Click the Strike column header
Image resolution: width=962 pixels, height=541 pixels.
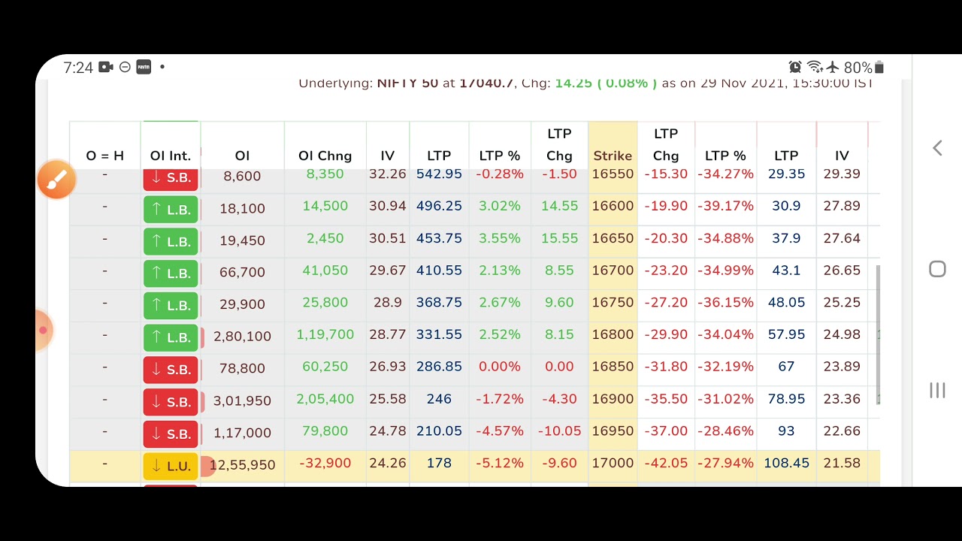[613, 156]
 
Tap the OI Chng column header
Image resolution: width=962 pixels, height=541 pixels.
[325, 156]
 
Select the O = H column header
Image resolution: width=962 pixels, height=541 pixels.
[104, 156]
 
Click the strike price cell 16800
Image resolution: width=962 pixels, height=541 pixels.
[613, 334]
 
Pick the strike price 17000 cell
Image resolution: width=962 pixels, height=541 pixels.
[613, 463]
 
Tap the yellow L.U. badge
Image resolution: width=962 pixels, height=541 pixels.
[171, 466]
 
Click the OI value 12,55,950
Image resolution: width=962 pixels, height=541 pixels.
[242, 465]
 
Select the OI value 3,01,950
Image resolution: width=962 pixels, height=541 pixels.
[242, 400]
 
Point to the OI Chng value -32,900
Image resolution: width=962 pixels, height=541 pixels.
[325, 463]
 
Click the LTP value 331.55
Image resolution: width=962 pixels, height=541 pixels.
[439, 334]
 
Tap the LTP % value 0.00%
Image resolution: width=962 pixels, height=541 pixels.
[499, 367]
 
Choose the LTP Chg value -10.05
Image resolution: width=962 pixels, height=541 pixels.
[559, 431]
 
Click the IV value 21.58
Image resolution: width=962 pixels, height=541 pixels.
[842, 463]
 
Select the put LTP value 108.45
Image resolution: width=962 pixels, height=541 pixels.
[786, 463]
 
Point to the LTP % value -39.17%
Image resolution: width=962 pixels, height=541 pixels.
[725, 206]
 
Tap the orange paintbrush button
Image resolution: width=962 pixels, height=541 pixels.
[57, 180]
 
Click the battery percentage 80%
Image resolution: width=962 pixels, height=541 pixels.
[858, 68]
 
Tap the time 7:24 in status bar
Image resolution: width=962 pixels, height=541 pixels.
[78, 68]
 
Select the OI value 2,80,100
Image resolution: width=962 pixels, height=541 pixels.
[242, 336]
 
